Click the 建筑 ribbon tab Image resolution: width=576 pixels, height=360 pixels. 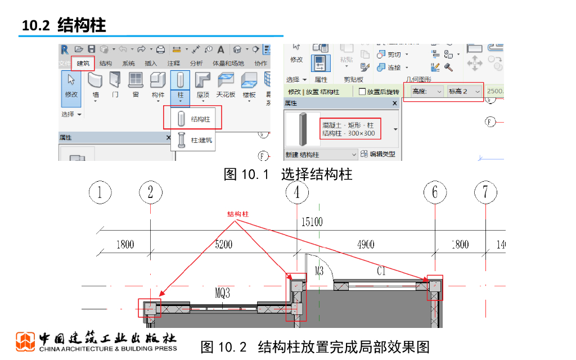coord(83,63)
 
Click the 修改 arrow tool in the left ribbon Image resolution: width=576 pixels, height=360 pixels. coord(71,85)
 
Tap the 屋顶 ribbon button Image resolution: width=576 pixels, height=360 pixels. coord(203,85)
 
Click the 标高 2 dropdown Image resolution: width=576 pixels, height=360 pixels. coord(465,91)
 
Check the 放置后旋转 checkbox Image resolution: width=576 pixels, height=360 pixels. coord(362,92)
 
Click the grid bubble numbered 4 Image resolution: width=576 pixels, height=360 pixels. coord(297,192)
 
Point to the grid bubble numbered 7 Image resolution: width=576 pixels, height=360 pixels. coord(485,192)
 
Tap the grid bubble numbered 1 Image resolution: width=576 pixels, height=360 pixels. coord(100,192)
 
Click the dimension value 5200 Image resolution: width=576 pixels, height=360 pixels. coord(223,244)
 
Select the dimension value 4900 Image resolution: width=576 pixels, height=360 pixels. coord(366,244)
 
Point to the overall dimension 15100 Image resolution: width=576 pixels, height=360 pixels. coord(312,222)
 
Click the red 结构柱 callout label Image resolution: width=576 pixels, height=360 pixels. coord(238,214)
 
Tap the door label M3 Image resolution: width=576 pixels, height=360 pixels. coord(318,271)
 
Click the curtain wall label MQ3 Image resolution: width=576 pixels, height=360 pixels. coord(223,293)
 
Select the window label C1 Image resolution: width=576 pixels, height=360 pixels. coord(381,271)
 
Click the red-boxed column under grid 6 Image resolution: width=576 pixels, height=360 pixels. coord(434,287)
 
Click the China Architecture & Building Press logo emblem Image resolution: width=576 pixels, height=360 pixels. coord(25,341)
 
